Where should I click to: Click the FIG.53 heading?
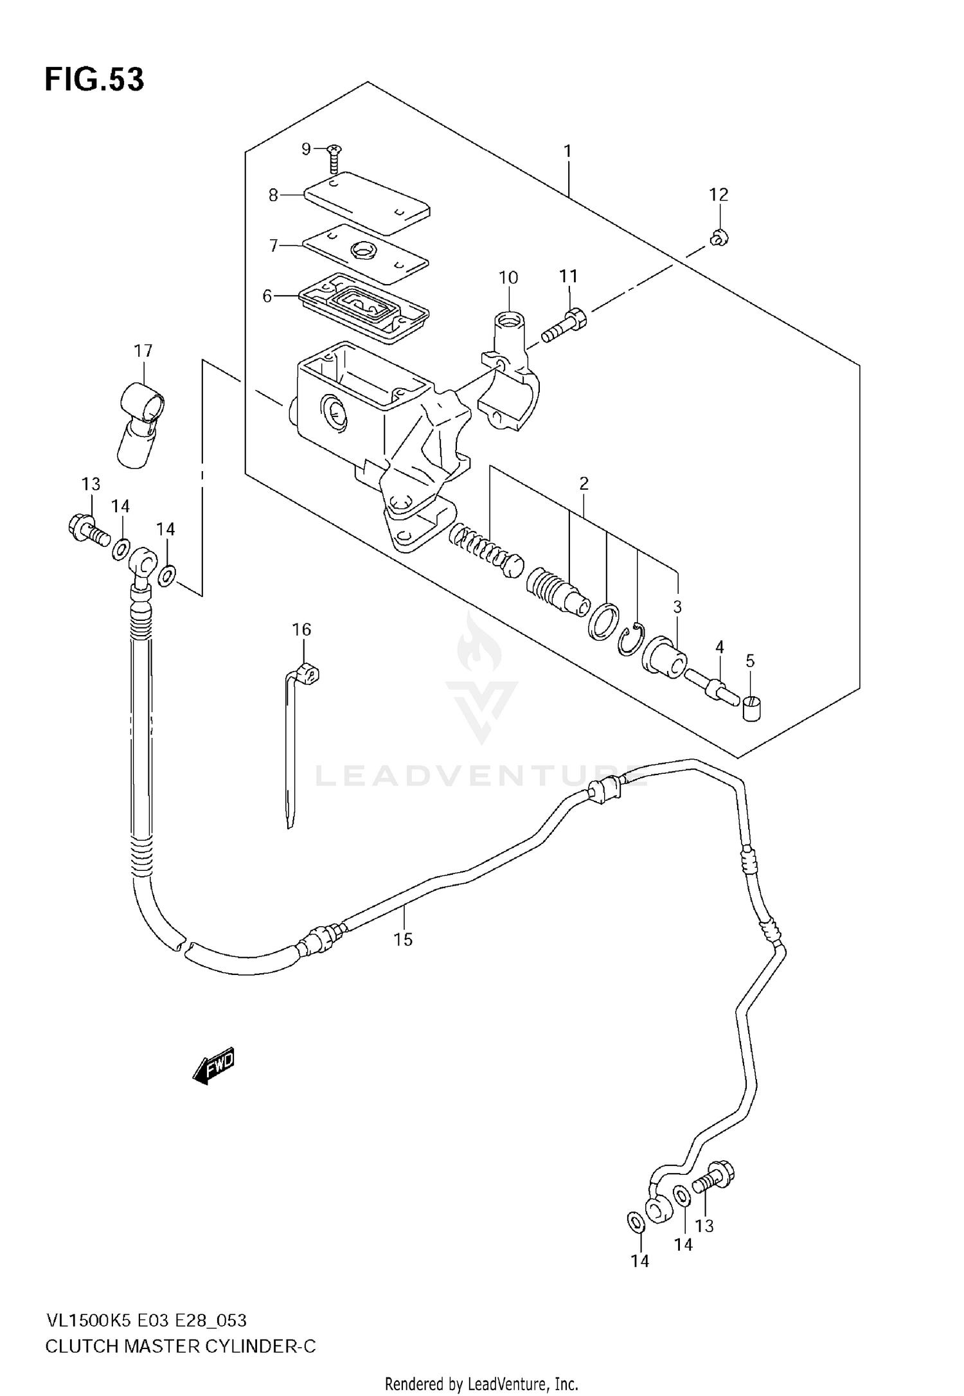[94, 80]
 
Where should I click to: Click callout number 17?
[143, 351]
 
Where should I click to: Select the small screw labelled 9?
[334, 157]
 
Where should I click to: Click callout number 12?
[719, 194]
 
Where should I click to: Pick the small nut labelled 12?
[719, 239]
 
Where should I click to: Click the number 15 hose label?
[403, 940]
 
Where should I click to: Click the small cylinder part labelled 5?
[751, 709]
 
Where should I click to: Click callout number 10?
[508, 278]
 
